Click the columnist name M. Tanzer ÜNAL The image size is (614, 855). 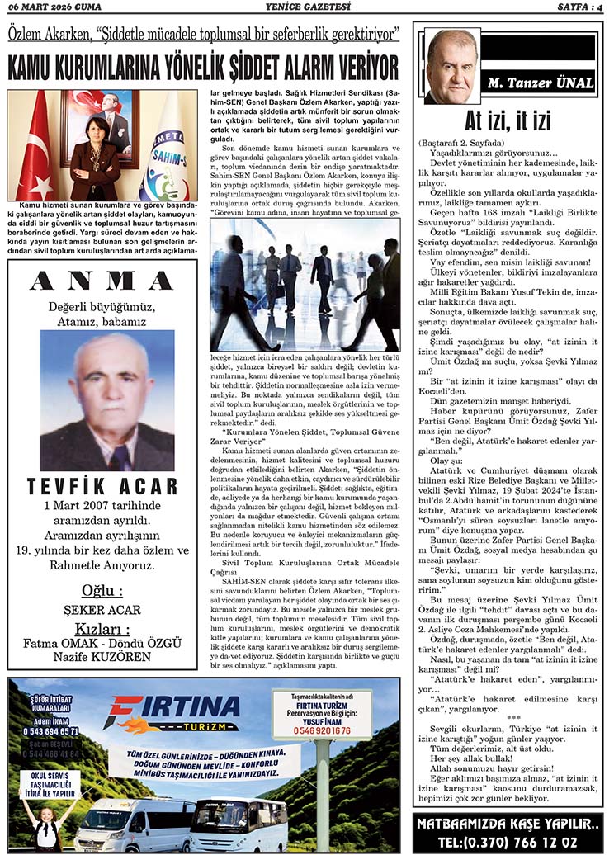(x=540, y=83)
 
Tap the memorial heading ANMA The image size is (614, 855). (x=102, y=281)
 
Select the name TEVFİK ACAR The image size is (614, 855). (x=102, y=485)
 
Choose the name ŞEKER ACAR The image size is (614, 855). (x=102, y=610)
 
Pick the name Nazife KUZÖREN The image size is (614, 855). (x=102, y=657)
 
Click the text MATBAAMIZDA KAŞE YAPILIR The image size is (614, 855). (x=507, y=824)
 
